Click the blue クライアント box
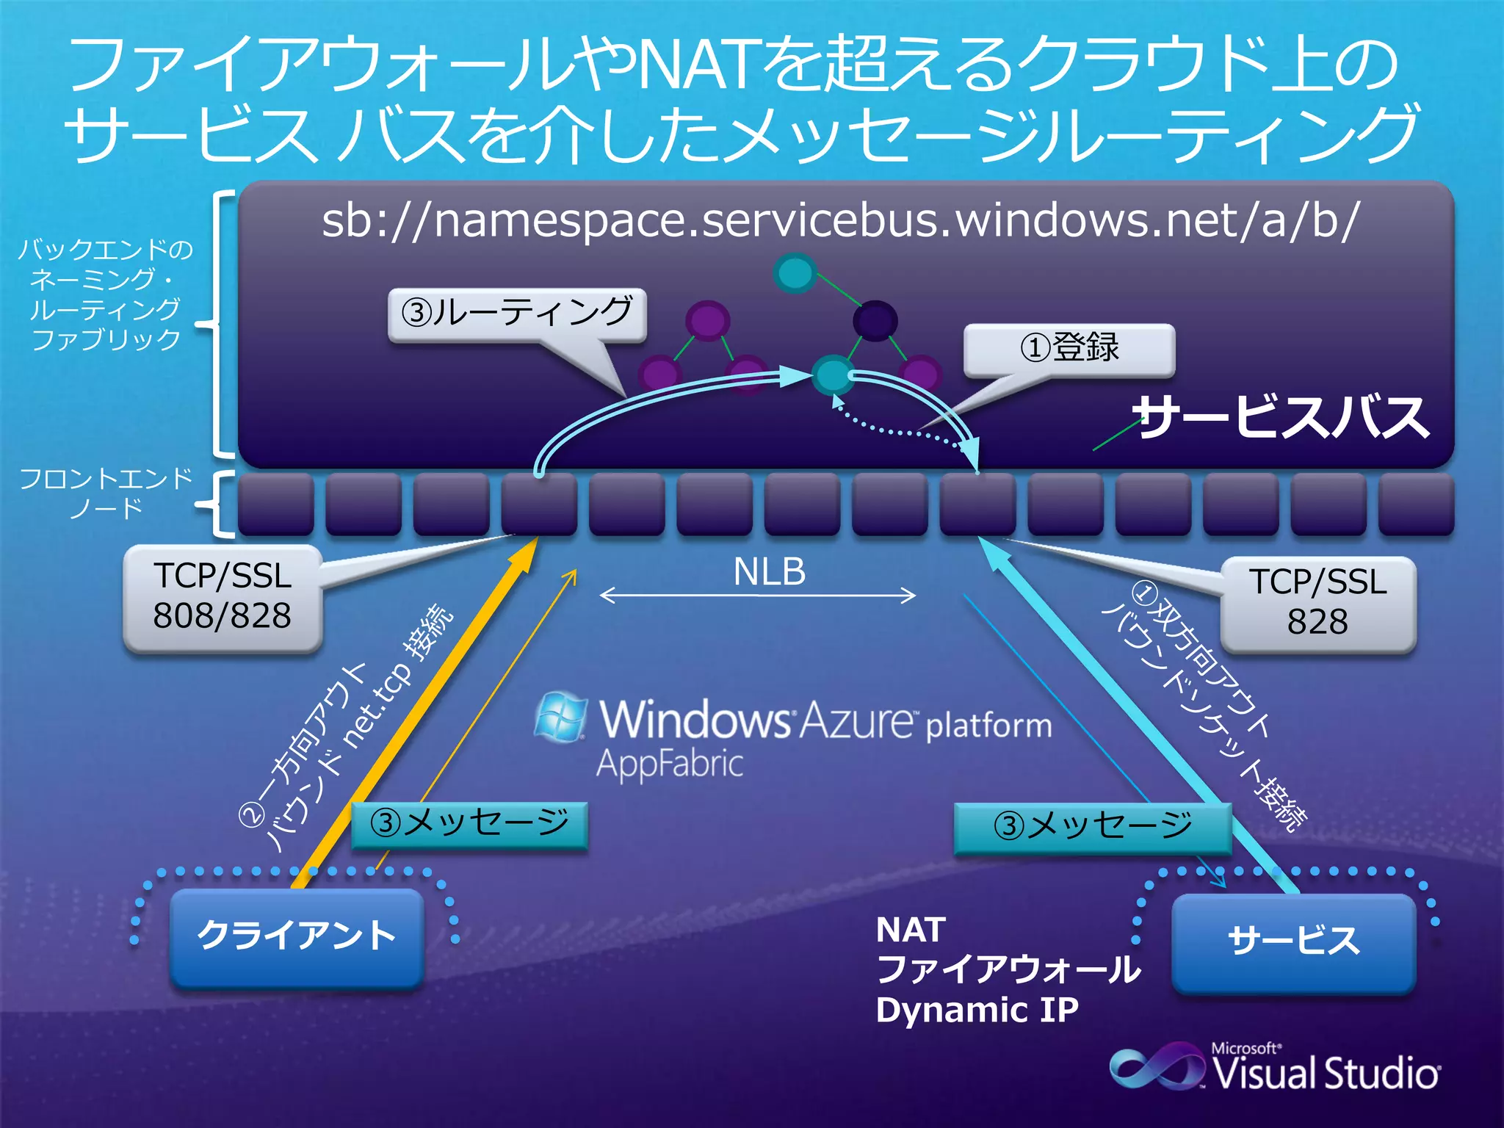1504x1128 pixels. click(x=297, y=936)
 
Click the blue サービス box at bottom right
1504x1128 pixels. click(x=1293, y=942)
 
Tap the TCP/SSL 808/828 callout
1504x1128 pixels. click(x=223, y=597)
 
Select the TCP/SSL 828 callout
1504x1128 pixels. click(x=1317, y=602)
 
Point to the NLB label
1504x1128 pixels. click(x=769, y=572)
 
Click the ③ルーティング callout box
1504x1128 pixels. click(x=517, y=314)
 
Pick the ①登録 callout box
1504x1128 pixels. click(x=1069, y=348)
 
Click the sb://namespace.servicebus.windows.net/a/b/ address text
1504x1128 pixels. click(x=840, y=220)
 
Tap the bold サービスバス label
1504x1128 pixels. click(x=1281, y=417)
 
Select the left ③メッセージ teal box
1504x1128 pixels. click(x=470, y=824)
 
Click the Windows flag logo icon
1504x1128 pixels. click(x=561, y=716)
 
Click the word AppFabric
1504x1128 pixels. click(x=669, y=764)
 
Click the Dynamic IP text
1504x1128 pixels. click(x=977, y=1010)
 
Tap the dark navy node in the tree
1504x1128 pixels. click(x=875, y=320)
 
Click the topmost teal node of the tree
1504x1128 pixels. click(x=795, y=273)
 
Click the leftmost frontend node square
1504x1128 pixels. click(x=276, y=503)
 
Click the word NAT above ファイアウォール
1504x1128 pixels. click(x=911, y=930)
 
